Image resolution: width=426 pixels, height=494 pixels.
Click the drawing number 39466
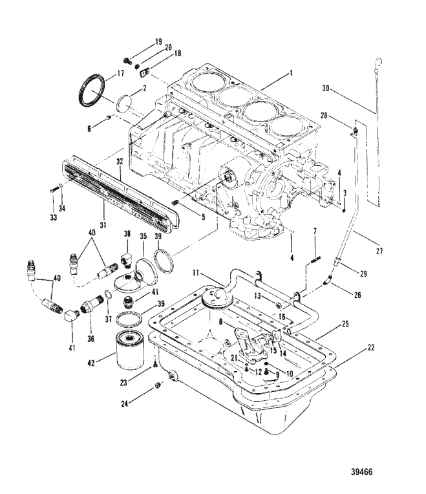point(362,471)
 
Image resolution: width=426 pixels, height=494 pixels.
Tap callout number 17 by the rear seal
point(121,74)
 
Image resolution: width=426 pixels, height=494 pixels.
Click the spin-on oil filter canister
point(130,349)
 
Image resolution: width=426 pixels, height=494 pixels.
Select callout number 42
point(91,363)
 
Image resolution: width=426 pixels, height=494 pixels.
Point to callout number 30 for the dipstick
point(326,89)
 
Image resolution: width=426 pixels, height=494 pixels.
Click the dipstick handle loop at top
point(379,61)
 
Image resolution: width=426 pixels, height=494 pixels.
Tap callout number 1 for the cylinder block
point(292,73)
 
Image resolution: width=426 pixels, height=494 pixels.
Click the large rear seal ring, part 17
point(92,90)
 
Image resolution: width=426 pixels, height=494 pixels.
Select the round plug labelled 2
point(123,103)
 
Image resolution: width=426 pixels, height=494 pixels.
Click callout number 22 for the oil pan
point(371,347)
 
